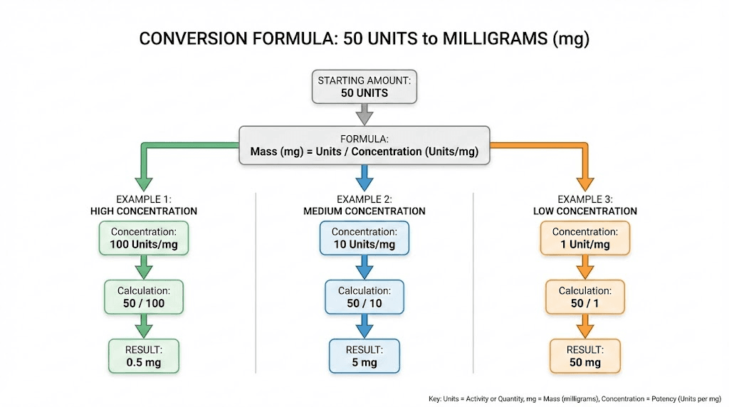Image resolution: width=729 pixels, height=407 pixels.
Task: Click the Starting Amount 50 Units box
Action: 364,87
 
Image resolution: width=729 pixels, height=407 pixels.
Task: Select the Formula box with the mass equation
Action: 364,145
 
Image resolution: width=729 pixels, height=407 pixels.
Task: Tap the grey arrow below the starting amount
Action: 364,113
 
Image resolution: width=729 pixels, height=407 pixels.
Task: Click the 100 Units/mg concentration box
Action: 144,238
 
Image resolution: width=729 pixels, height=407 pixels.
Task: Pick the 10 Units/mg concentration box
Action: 364,238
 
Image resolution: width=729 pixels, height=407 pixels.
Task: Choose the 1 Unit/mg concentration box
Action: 585,238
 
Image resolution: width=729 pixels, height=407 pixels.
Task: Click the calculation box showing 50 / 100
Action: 144,297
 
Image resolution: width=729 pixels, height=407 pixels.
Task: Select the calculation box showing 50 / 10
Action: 364,297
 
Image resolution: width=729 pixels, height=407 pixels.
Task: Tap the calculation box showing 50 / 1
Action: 585,297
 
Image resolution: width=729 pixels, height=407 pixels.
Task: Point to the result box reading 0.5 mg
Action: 144,356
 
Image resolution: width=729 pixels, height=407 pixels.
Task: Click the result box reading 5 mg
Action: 364,356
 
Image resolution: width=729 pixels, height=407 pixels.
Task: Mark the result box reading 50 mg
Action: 585,356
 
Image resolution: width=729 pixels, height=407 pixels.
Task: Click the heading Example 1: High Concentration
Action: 144,205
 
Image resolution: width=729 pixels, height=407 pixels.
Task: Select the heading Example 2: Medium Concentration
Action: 364,205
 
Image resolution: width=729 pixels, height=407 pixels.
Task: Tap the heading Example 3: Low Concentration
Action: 585,205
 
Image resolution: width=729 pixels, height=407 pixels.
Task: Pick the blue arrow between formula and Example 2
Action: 364,178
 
